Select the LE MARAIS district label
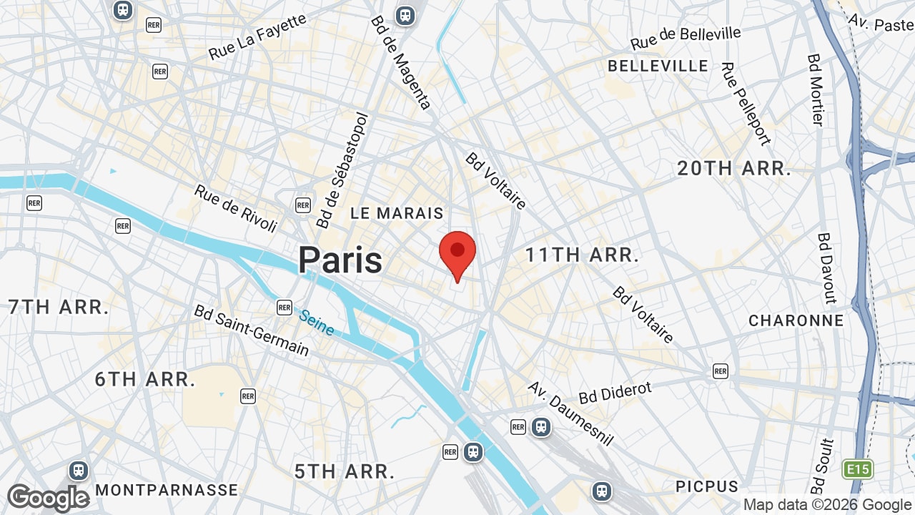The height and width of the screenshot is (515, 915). (x=397, y=213)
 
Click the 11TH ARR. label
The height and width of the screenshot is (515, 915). (x=582, y=255)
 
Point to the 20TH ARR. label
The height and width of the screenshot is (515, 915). (x=734, y=169)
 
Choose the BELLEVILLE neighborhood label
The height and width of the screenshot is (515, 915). (x=658, y=66)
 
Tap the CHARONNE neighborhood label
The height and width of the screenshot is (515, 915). (x=796, y=320)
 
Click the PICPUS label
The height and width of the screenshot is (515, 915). (x=707, y=486)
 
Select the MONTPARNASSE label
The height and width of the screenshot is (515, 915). (x=167, y=490)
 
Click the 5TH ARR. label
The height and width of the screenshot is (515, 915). (x=345, y=472)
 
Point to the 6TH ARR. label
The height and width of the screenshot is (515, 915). (x=145, y=379)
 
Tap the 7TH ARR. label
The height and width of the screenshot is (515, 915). (x=59, y=308)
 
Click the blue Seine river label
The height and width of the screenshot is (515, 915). (x=316, y=323)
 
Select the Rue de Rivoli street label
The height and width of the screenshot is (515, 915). (x=235, y=208)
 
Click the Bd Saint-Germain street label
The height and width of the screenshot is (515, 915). (x=252, y=330)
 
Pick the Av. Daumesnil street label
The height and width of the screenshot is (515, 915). (x=570, y=413)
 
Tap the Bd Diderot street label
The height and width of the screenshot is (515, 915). (x=615, y=391)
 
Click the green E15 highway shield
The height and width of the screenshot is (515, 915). (x=857, y=469)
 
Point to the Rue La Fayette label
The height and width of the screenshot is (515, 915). (x=257, y=37)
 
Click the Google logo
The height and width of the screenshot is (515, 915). (x=48, y=499)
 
